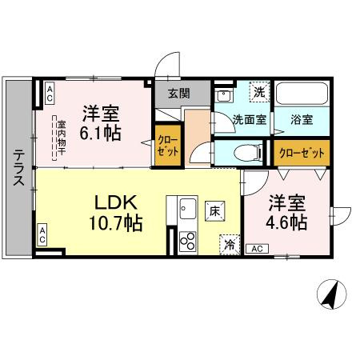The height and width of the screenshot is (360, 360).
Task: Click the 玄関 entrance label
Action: (x=179, y=93)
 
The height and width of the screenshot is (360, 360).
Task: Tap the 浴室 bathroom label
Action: (x=302, y=120)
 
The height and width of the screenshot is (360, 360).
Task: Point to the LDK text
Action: (x=116, y=201)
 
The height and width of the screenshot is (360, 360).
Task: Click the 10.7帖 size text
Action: (x=116, y=222)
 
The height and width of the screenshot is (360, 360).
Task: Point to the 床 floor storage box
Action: (x=214, y=211)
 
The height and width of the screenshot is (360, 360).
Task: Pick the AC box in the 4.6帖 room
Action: (x=257, y=249)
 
